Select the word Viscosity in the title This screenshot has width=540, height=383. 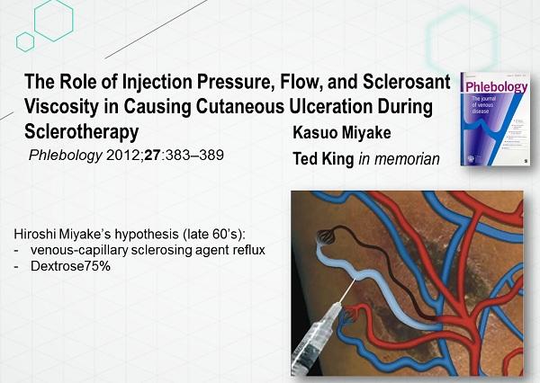pos(61,107)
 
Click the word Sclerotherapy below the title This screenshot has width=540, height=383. pos(82,132)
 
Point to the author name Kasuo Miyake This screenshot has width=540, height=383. pos(342,132)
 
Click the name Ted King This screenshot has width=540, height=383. pos(323,158)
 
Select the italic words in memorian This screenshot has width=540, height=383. pos(399,159)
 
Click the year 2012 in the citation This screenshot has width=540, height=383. pos(123,156)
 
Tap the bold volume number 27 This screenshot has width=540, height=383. pos(153,156)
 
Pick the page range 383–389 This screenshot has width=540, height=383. pos(194,156)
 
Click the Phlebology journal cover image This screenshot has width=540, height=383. pos(495,119)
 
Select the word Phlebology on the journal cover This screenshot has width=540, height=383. pos(496,86)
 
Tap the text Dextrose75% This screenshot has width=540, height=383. pos(70,266)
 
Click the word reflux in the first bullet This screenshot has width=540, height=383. pos(249,250)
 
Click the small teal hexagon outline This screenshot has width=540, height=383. pos(25,42)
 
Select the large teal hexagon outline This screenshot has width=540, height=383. pos(54,20)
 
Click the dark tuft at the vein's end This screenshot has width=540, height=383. pos(326,236)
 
